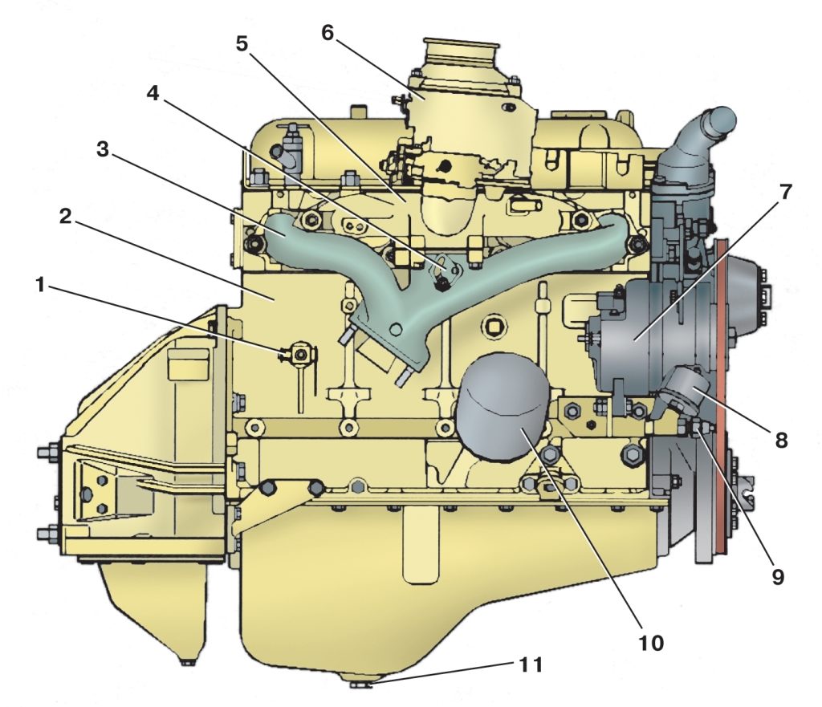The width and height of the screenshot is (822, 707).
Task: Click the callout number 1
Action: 40,286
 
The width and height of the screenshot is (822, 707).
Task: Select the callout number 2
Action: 66,216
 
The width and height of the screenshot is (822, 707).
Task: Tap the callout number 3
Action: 103,149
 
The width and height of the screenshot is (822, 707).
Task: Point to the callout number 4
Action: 153,93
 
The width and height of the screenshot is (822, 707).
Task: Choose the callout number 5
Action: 241,44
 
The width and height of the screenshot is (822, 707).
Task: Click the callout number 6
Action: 328,32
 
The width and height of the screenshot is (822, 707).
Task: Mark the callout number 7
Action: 785,193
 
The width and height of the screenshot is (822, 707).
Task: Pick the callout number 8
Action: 781,441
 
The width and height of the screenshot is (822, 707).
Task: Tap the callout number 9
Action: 777,576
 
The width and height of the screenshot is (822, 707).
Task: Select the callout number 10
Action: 650,643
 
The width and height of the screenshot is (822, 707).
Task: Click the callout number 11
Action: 531,665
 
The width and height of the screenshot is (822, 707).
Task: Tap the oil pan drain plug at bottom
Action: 360,683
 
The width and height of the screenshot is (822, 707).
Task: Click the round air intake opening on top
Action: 460,48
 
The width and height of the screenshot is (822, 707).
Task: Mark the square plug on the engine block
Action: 494,327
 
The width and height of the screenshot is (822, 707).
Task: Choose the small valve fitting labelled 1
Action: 299,356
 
